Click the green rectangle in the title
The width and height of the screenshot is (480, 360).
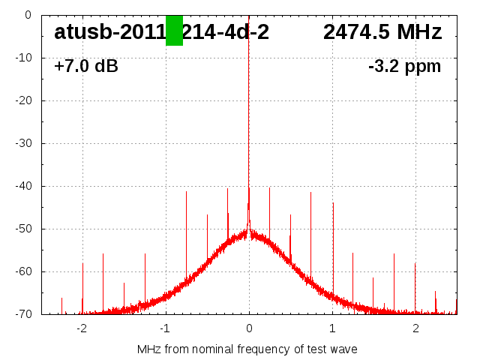pyautogui.click(x=174, y=30)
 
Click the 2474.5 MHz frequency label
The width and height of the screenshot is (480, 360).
pyautogui.click(x=382, y=32)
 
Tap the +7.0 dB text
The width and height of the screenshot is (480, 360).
pyautogui.click(x=86, y=67)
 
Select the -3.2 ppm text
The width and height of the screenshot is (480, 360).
pyautogui.click(x=404, y=67)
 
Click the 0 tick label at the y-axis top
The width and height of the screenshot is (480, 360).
pyautogui.click(x=27, y=15)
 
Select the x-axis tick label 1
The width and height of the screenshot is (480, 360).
pyautogui.click(x=332, y=328)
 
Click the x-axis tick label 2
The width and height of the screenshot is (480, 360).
pyautogui.click(x=415, y=328)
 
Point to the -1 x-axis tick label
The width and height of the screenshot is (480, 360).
pyautogui.click(x=164, y=328)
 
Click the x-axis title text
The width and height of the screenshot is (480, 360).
pyautogui.click(x=247, y=349)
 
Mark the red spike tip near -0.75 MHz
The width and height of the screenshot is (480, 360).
pyautogui.click(x=186, y=192)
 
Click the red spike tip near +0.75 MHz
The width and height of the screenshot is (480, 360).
pyautogui.click(x=310, y=193)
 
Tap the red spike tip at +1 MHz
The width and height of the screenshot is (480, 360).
pyautogui.click(x=333, y=203)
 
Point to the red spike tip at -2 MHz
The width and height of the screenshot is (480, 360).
pyautogui.click(x=82, y=264)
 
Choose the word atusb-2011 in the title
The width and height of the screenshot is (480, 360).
pyautogui.click(x=109, y=32)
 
